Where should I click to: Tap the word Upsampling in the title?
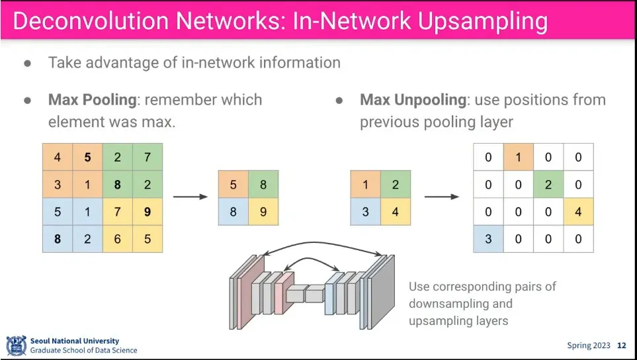pos(482,22)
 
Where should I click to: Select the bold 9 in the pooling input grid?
pos(148,212)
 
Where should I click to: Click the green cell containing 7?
pos(148,157)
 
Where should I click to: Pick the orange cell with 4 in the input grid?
pos(58,157)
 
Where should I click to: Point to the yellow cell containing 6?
pos(117,239)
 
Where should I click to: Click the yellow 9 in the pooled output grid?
pos(263,212)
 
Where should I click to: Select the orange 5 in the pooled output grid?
pos(234,185)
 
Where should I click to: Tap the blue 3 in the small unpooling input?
pos(366,212)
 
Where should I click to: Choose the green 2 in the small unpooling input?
pos(396,185)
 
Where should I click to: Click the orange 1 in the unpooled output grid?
pos(519,157)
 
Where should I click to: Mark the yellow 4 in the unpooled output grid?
pos(579,212)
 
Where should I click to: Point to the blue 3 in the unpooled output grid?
pos(488,239)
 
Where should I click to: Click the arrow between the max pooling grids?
pos(191,197)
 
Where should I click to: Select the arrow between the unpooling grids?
pos(442,197)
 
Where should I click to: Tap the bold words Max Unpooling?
pos(413,100)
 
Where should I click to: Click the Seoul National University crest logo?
pos(17,345)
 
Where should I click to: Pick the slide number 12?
pos(622,345)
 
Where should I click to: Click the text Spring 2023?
pos(589,346)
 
